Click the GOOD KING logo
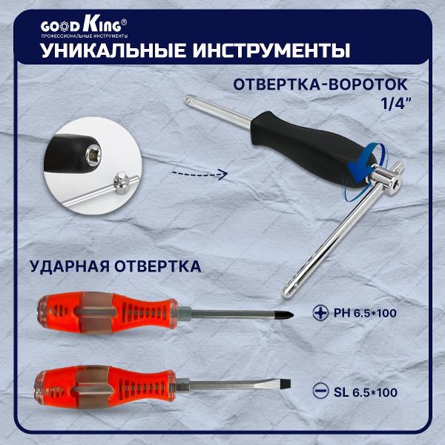pos(83,26)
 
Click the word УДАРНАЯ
pos(66,266)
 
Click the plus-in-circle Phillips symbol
pos(320,314)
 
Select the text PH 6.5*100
pos(364,314)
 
